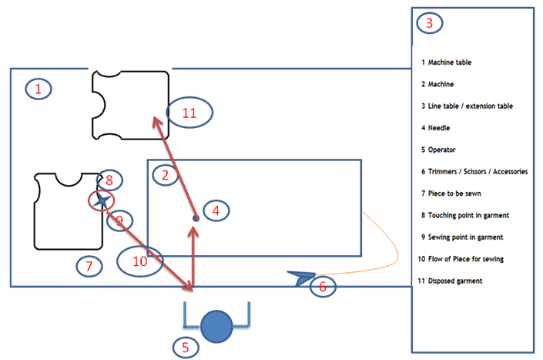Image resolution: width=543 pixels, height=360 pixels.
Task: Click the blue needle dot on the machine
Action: (x=196, y=218)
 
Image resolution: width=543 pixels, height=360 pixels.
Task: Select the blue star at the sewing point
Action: (x=101, y=200)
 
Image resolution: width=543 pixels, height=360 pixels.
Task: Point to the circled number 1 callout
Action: (x=39, y=89)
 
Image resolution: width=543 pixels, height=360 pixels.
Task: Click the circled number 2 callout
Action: (x=165, y=176)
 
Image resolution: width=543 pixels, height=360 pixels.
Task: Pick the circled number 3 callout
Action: (x=429, y=23)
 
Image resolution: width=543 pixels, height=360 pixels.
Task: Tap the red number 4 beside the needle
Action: (x=216, y=210)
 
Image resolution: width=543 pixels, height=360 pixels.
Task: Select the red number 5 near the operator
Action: (x=185, y=348)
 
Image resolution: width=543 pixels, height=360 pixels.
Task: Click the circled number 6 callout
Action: (x=323, y=287)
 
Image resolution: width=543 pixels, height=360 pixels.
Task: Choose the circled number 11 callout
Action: (x=190, y=113)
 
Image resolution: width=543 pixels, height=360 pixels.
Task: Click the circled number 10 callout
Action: (x=140, y=261)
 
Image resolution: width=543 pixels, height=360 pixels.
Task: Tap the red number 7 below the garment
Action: (x=89, y=267)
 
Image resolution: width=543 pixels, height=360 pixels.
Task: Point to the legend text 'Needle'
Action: (x=439, y=128)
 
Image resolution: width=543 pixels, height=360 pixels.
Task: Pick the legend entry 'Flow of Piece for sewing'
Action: (x=461, y=259)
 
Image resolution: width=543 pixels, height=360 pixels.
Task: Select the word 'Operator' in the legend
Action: (x=443, y=150)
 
